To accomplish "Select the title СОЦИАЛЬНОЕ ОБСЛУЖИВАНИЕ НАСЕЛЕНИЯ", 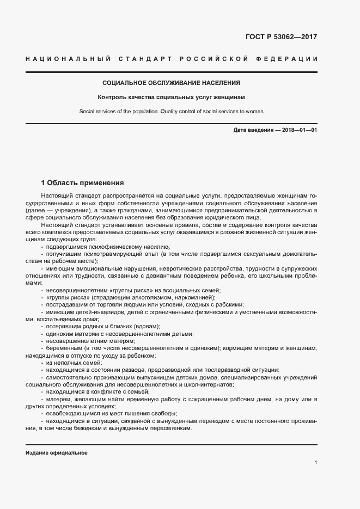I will (x=172, y=83).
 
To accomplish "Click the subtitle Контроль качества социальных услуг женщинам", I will (x=172, y=98).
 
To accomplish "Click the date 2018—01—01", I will (x=299, y=131).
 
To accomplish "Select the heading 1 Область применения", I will (x=83, y=183).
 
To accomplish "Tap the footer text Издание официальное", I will (x=56, y=453).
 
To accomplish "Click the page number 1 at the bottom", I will (x=316, y=463).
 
